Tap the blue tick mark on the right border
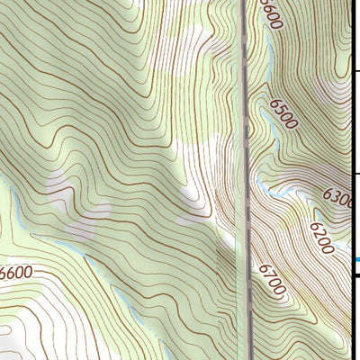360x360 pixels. click(x=356, y=261)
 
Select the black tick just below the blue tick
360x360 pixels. click(x=355, y=275)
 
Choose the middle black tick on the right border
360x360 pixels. click(x=355, y=174)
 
